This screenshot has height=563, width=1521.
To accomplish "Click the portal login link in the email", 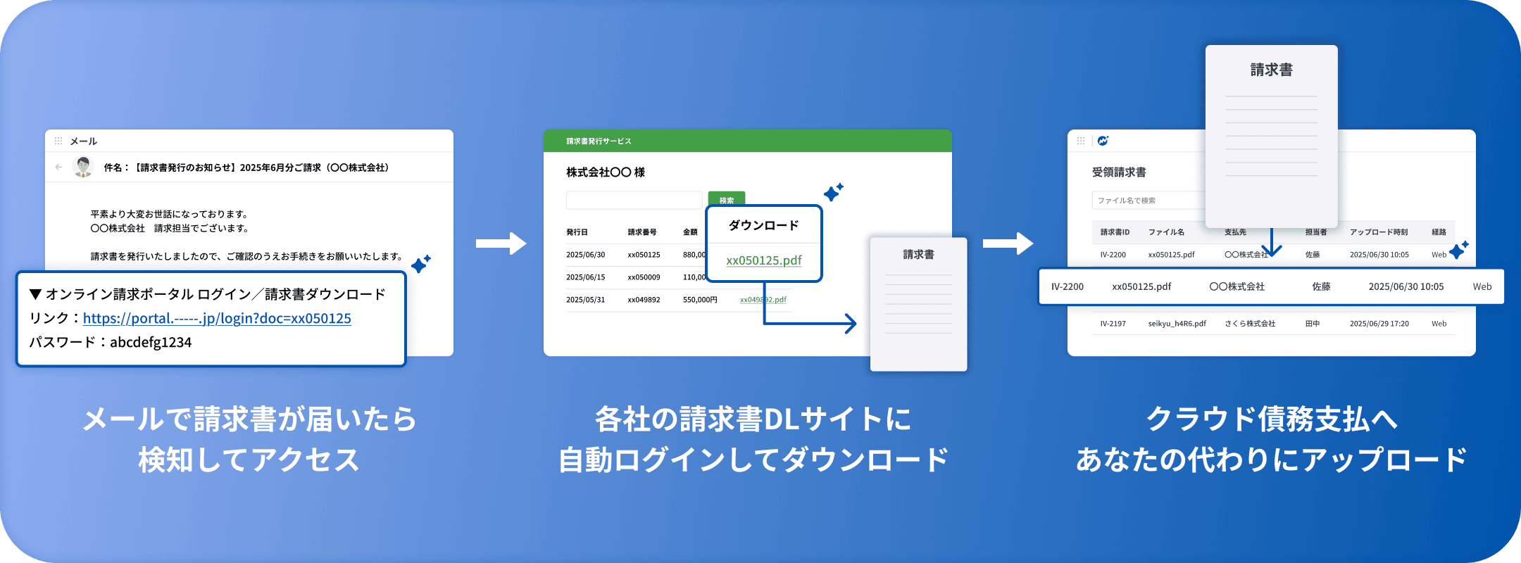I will coord(217,318).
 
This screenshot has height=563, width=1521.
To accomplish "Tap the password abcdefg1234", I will coord(151,343).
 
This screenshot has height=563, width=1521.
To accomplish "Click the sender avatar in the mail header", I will coord(84,167).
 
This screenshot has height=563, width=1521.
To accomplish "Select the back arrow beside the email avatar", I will coord(58,167).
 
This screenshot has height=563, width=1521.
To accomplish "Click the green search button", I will coord(726,200).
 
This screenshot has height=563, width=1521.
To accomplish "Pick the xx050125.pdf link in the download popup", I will coord(764,260).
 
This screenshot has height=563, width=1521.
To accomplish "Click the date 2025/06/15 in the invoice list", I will coord(585,277).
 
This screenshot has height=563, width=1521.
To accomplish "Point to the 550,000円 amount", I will coord(700,300).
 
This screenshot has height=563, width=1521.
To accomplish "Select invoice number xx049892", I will coord(644,300).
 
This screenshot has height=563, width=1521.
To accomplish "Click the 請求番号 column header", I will coord(641,232).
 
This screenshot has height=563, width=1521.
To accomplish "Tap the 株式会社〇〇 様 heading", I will coord(606,172).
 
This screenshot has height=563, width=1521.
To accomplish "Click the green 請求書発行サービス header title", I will coord(599,141).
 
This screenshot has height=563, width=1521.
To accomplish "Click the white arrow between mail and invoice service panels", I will coord(501,243).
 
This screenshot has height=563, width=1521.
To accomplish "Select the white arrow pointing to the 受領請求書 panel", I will coord(1008,243).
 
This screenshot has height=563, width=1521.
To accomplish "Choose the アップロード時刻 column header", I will coord(1378,232).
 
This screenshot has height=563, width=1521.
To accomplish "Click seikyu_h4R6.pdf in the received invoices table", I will coord(1177,324).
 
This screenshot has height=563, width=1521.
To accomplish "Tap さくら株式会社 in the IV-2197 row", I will coord(1250,324).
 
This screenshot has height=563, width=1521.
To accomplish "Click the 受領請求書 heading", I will coord(1119,172).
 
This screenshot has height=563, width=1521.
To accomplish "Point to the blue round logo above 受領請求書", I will coord(1103,141).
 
